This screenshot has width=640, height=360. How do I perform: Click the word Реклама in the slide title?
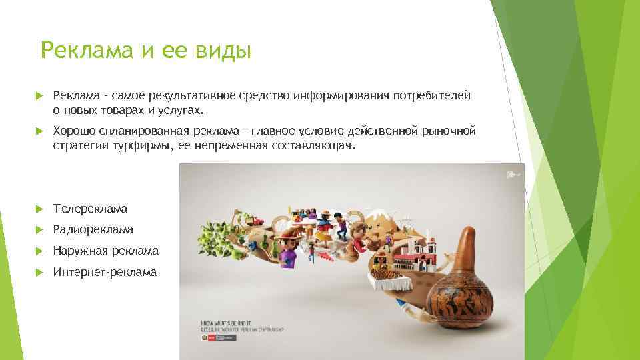point(87,51)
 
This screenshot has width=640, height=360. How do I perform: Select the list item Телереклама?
point(90,209)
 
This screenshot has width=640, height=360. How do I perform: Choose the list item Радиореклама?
point(93,229)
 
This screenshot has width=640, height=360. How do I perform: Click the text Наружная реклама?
point(106,251)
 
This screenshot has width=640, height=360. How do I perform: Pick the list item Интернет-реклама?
point(105,271)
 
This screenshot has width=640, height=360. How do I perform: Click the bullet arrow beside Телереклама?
point(40,209)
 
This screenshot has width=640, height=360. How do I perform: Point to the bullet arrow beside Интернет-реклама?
point(40,271)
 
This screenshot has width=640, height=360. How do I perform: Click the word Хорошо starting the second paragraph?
point(74,131)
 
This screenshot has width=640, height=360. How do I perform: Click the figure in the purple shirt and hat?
point(288,254)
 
